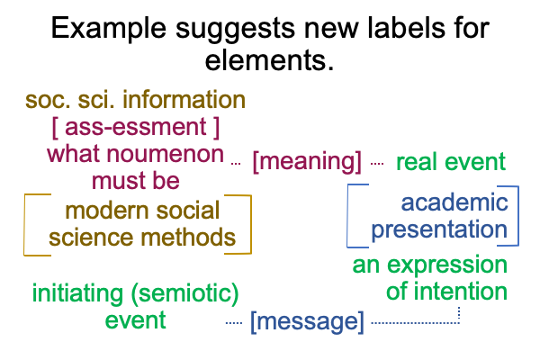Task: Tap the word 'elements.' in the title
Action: (269, 60)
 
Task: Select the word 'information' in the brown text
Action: (184, 100)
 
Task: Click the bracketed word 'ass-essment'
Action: (135, 127)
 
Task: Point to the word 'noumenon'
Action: (166, 154)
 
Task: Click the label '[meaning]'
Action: (307, 162)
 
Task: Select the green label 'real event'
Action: (451, 162)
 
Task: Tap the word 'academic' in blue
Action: (454, 202)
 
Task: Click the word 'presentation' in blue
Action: (439, 230)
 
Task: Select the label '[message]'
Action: (307, 322)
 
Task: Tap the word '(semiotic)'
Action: (184, 294)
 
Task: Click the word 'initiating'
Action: (77, 294)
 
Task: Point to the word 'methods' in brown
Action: (188, 238)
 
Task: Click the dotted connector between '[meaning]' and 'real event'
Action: (377, 164)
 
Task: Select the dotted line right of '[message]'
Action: (415, 323)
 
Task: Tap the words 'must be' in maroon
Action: (136, 181)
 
